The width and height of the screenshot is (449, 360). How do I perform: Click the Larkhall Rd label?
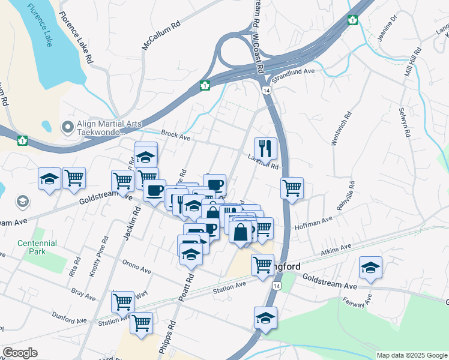coord(264,162)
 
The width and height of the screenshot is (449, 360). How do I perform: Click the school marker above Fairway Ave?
coord(370,268)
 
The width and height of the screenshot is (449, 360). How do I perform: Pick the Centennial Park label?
coord(37,247)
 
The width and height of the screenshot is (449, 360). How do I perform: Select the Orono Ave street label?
coord(136,266)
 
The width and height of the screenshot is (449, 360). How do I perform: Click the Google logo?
coord(20,353)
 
